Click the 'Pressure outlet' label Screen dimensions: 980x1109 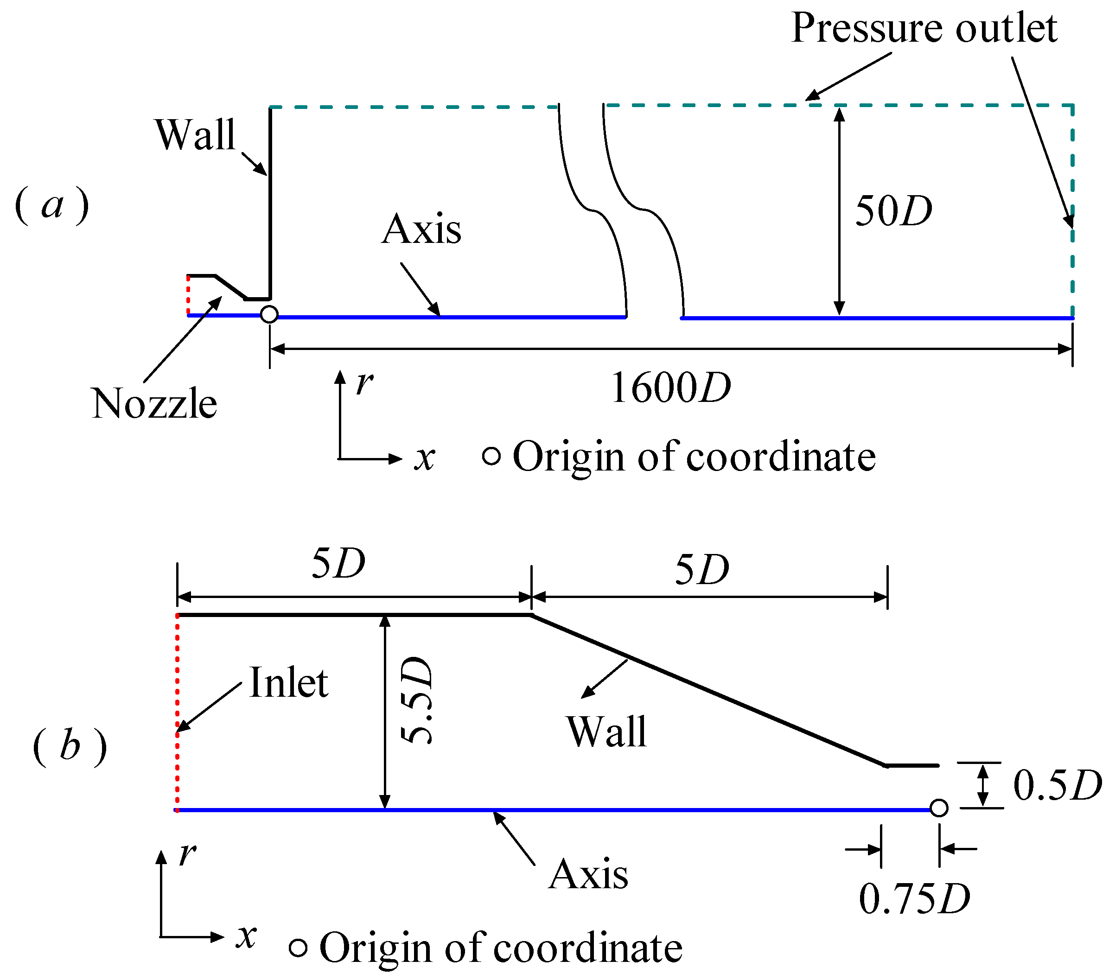click(x=924, y=28)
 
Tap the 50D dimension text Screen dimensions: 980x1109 click(x=893, y=210)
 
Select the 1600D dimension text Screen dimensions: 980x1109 click(x=670, y=388)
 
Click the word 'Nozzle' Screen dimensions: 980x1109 click(x=154, y=404)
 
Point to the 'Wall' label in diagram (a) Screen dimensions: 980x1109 click(x=195, y=134)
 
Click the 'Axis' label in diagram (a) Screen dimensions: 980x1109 click(x=421, y=229)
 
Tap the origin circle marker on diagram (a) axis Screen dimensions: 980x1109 click(x=269, y=314)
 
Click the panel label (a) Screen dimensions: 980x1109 click(x=51, y=205)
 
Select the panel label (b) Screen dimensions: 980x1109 click(x=70, y=746)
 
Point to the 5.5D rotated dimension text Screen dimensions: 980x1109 click(x=416, y=700)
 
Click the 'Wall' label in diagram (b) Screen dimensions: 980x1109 click(x=606, y=732)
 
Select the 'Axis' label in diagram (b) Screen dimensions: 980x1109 click(x=588, y=875)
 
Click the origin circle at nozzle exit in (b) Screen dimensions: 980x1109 click(x=939, y=808)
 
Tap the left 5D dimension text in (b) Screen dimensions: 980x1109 click(x=338, y=563)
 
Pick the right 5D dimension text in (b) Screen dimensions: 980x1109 click(x=701, y=570)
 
